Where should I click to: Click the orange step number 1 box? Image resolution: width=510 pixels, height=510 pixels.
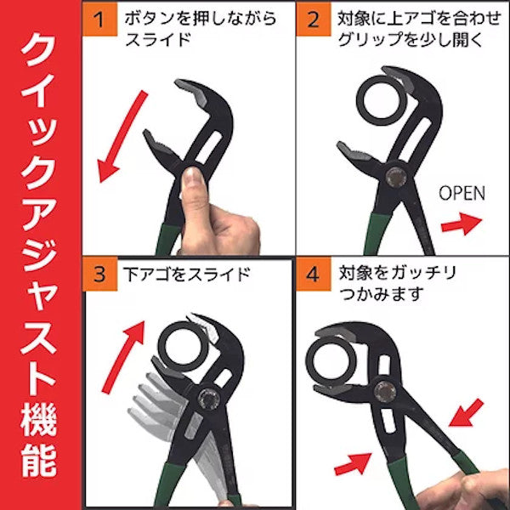tap(99, 20)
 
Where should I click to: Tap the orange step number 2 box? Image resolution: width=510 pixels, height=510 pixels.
tap(314, 20)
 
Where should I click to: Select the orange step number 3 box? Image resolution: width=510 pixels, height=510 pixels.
tap(99, 274)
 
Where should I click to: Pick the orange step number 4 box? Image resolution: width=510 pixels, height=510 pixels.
tap(314, 274)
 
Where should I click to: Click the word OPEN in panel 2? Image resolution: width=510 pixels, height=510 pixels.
tap(462, 193)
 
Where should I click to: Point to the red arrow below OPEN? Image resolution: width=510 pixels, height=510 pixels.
tap(462, 224)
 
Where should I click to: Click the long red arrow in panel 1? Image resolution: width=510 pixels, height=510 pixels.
tap(122, 137)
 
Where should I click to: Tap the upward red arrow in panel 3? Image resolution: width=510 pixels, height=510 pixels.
tap(123, 357)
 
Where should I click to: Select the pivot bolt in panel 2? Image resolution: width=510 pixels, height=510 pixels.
tap(395, 177)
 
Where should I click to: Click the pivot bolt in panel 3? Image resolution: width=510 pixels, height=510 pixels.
tap(208, 399)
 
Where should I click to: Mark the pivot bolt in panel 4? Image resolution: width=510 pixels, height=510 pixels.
tap(385, 391)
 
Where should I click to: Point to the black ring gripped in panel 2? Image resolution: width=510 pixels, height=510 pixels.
tap(361, 101)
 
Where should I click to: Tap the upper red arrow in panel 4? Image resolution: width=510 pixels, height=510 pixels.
tap(467, 412)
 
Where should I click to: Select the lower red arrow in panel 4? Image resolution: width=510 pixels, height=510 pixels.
tap(353, 463)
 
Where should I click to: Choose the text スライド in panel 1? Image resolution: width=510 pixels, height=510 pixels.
tap(158, 40)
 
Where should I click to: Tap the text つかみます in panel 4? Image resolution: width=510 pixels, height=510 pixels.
tap(382, 293)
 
